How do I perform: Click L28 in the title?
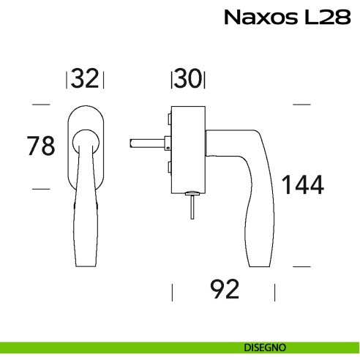[326, 17]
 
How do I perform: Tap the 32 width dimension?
[86, 79]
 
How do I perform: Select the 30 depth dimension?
[188, 79]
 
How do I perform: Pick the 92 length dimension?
[225, 290]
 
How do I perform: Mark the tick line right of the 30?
[205, 79]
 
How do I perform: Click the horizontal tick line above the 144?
[302, 105]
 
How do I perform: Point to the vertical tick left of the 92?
[172, 293]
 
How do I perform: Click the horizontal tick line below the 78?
[41, 189]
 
